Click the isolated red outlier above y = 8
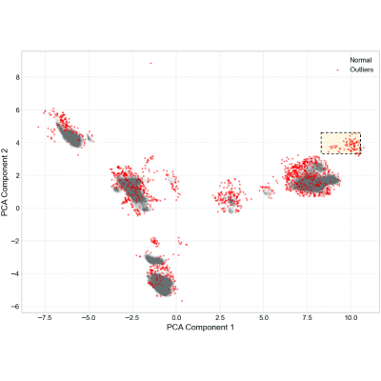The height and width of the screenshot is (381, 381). coord(150,63)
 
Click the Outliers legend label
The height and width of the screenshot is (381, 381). coord(362,70)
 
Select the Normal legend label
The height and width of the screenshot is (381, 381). coord(361,60)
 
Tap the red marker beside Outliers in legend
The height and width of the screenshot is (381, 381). coord(338,70)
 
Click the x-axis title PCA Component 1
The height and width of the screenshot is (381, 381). coord(200,327)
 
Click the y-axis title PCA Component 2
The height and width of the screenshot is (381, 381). coord(5,182)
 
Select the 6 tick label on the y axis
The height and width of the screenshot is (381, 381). coord(17,110)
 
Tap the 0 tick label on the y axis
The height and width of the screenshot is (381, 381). coord(17,209)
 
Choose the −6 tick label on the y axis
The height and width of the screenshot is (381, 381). coord(15,307)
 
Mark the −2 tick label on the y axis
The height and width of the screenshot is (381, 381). coord(15,241)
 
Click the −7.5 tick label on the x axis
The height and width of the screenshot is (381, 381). coord(45,318)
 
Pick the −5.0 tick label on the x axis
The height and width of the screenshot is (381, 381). coord(89,318)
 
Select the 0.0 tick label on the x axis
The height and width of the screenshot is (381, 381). coord(176,318)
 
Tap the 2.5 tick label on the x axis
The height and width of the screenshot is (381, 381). coord(220,318)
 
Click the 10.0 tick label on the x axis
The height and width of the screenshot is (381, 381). coord(351,318)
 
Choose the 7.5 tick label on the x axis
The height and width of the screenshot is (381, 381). coord(308,318)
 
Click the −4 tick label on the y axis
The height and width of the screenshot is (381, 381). coord(15,273)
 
